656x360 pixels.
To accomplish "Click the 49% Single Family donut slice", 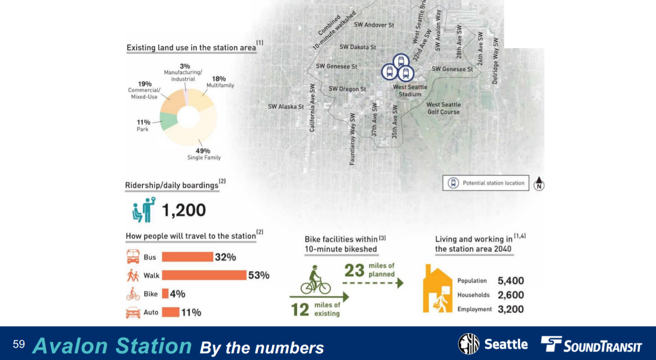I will pos(197,135).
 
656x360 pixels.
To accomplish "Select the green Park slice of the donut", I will pos(168,120).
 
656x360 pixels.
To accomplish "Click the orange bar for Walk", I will pos(204,275).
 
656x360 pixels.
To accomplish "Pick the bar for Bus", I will pos(187,257).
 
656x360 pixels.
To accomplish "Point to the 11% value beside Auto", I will pos(191,312).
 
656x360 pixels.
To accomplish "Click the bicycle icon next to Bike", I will pos(133,294).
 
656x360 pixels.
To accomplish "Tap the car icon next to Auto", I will pos(133,312).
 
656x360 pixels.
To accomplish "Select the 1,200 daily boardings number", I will pos(184,210).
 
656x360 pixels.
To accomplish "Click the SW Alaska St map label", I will pos(286,107).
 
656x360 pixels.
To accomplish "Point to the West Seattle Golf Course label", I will pos(443,108).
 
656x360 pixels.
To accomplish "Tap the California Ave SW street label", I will pos(312,108).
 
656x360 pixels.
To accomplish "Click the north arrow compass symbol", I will pos(539,183).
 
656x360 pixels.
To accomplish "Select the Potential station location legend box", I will pos(485,183).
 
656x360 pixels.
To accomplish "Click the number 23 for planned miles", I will pos(354,270).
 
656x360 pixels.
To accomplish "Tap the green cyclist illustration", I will pos(315,280).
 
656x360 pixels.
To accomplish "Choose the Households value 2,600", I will pos(510,295).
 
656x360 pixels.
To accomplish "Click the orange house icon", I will pos(437,289).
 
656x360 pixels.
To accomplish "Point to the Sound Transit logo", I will pos(591,344).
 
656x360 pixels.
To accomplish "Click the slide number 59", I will pos(19,344).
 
